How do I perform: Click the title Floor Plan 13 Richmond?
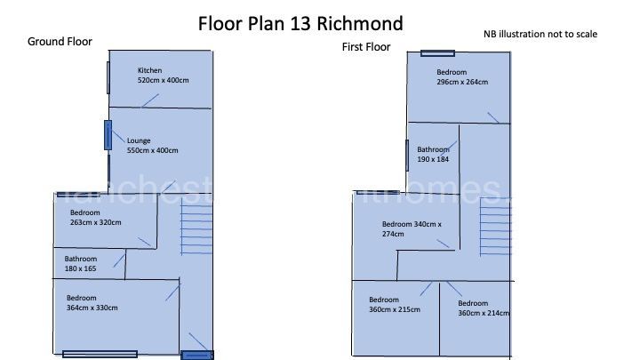pos(300,23)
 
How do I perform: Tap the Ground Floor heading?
pos(60,41)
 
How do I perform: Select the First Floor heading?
pos(366,46)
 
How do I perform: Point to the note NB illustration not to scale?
pos(540,34)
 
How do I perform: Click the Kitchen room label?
pos(149,70)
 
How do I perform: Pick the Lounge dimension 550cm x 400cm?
pos(152,150)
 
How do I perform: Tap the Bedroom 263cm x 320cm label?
pos(95,218)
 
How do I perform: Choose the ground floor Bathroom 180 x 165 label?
pos(87,262)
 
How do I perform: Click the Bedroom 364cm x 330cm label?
pos(92,302)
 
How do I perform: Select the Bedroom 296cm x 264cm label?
pos(461,76)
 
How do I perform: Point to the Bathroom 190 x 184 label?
pos(434,155)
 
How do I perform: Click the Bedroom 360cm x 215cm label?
pos(394,305)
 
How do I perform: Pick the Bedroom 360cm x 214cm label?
pos(484,308)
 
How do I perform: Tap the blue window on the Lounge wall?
pos(108,135)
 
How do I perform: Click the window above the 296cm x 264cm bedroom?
pos(437,52)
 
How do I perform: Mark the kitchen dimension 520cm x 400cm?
pos(164,80)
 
